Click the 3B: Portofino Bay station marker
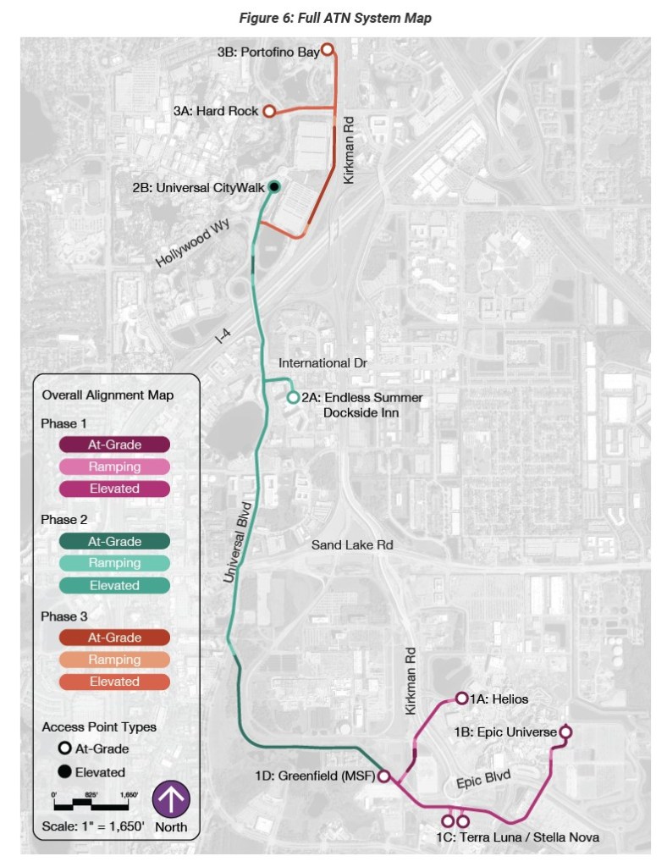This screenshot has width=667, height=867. [327, 51]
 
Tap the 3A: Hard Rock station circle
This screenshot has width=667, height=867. [268, 111]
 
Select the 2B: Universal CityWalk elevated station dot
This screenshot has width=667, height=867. [273, 187]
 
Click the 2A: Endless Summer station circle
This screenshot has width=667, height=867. [293, 397]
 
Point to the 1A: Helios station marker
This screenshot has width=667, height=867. [461, 699]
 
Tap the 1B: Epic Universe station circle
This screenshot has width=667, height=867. [565, 732]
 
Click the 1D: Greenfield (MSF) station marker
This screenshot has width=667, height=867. [383, 776]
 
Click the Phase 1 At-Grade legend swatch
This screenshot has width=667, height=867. [114, 445]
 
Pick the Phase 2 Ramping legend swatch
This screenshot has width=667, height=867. [114, 563]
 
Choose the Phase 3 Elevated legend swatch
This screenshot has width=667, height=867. [114, 682]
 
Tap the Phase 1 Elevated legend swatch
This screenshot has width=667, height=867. [114, 489]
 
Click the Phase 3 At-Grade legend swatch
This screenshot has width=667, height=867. [114, 638]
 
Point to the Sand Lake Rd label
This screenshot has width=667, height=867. [352, 545]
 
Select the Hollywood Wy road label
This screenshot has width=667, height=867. [193, 245]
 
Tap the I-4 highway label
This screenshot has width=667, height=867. [223, 335]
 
